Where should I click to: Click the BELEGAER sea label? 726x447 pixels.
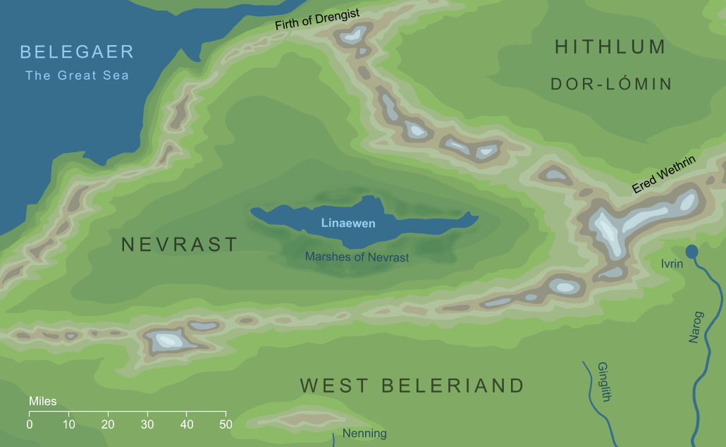77,51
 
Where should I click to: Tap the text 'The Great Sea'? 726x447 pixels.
77,75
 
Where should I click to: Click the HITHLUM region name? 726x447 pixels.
610,47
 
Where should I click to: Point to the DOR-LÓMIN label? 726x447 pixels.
610,85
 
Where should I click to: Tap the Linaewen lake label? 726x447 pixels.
348,223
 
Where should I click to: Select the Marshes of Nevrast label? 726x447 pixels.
357,257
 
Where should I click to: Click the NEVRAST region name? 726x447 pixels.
180,245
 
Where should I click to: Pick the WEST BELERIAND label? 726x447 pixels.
412,386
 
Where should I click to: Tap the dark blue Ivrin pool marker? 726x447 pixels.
691,251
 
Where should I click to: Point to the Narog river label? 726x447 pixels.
696,329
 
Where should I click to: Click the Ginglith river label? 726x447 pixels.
603,382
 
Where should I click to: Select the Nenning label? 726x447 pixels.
364,433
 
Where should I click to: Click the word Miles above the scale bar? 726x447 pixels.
42,401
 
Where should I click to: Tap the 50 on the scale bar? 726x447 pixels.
226,424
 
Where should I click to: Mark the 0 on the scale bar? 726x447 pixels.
30,424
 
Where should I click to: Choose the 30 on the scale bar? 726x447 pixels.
147,424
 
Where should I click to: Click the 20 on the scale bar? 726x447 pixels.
108,424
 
